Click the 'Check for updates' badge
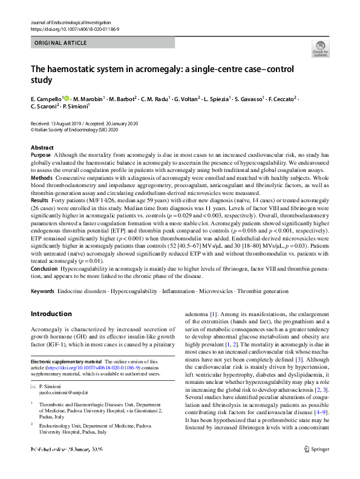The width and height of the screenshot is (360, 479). (321, 48)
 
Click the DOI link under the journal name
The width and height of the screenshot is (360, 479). (75, 29)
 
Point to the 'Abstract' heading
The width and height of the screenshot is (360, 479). (42, 148)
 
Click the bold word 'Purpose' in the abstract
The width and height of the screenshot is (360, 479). (41, 155)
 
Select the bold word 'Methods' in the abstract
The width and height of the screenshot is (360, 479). (42, 179)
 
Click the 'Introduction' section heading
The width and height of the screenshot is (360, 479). (51, 314)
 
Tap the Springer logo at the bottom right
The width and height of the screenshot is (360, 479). (318, 465)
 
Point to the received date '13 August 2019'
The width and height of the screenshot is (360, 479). (70, 124)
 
